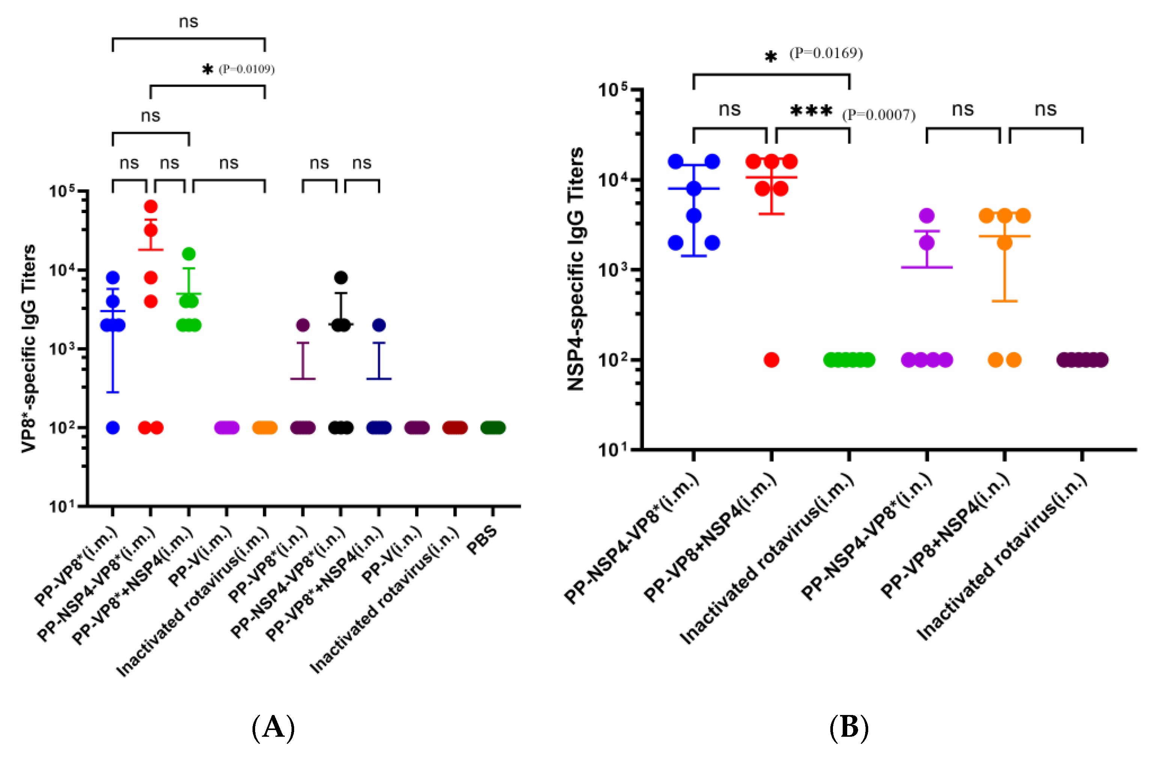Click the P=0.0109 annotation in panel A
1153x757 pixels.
[x=247, y=69]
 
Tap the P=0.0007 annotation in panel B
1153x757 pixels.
[x=879, y=115]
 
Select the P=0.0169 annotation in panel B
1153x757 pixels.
[x=826, y=53]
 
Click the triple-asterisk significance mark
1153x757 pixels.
[x=812, y=111]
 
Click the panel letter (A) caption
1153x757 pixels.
[x=273, y=727]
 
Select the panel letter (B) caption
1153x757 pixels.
[x=849, y=727]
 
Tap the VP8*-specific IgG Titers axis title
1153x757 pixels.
[x=29, y=349]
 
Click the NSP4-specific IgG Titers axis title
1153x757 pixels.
[x=576, y=269]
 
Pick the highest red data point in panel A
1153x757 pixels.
[x=151, y=207]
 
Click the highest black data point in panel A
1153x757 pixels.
[x=341, y=278]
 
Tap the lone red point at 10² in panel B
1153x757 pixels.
[x=771, y=360]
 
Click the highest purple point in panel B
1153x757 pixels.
[x=927, y=216]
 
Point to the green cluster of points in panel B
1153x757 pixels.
[x=849, y=360]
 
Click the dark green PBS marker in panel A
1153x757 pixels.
[x=493, y=428]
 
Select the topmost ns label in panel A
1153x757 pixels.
[x=188, y=22]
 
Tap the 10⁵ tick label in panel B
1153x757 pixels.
[x=612, y=90]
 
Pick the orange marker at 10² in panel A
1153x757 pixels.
[x=265, y=428]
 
